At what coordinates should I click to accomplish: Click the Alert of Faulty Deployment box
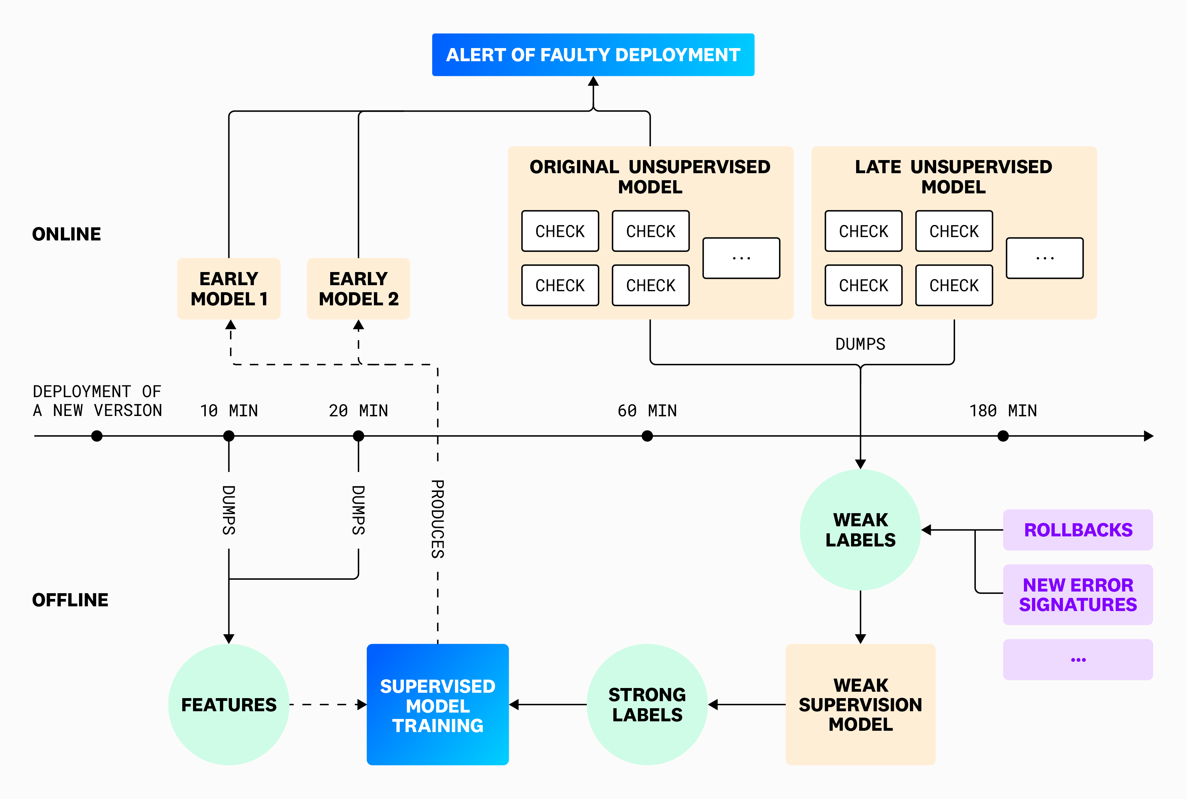click(x=593, y=55)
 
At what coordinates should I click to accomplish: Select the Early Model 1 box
click(x=229, y=289)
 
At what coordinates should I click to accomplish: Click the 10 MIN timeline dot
click(x=229, y=436)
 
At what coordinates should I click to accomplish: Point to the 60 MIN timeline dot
click(x=647, y=436)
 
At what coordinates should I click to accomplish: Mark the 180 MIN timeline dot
click(x=1003, y=436)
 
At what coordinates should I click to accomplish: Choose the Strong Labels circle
click(x=647, y=705)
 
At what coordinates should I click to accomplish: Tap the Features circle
click(x=229, y=705)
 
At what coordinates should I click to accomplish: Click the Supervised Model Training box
click(x=437, y=705)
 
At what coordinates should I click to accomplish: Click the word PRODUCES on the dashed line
click(x=437, y=519)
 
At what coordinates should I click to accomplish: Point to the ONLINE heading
click(x=67, y=234)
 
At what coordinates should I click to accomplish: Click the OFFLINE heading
click(x=70, y=600)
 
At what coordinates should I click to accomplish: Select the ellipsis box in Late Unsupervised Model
click(x=1044, y=258)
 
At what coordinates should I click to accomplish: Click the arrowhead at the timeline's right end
click(x=1148, y=436)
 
